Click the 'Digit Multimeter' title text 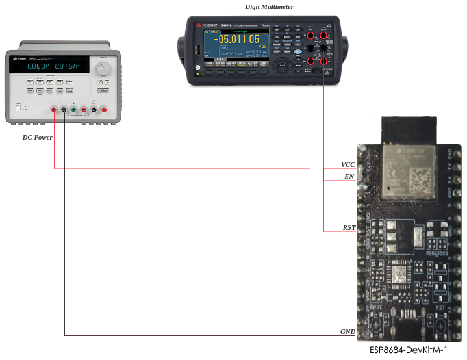click(x=269, y=6)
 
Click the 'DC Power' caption click(x=37, y=137)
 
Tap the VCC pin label click(x=348, y=164)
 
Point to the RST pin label click(x=349, y=229)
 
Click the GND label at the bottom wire click(x=347, y=331)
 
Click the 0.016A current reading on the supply click(x=66, y=66)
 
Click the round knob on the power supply click(x=101, y=67)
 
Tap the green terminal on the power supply click(x=74, y=111)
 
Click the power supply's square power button click(x=21, y=109)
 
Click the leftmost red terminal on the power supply click(x=53, y=111)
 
